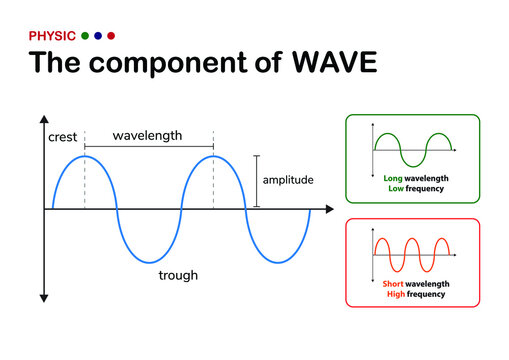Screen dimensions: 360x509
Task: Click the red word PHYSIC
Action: [x=52, y=35]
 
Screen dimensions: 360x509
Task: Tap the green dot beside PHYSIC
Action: [x=85, y=35]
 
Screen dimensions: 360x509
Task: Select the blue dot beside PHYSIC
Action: [x=98, y=35]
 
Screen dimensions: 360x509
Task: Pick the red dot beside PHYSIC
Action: [x=111, y=35]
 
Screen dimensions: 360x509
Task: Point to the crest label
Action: [x=62, y=137]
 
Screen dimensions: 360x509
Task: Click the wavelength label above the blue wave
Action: [x=148, y=135]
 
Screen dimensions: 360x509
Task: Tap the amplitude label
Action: [x=288, y=180]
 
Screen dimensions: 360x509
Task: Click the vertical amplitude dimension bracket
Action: [x=257, y=181]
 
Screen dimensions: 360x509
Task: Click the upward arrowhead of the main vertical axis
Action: [x=44, y=130]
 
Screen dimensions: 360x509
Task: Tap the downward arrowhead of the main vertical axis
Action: [x=44, y=297]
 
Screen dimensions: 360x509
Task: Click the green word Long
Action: [x=394, y=178]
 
